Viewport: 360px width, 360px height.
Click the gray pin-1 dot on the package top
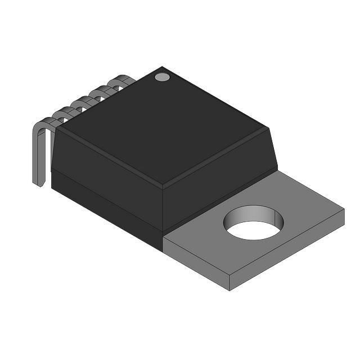162,76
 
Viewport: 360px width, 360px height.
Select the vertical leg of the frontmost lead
38,157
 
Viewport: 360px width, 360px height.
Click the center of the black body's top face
163,127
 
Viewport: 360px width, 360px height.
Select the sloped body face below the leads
107,169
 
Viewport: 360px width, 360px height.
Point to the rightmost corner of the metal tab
343,211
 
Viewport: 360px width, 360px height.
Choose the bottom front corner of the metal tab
229,290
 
